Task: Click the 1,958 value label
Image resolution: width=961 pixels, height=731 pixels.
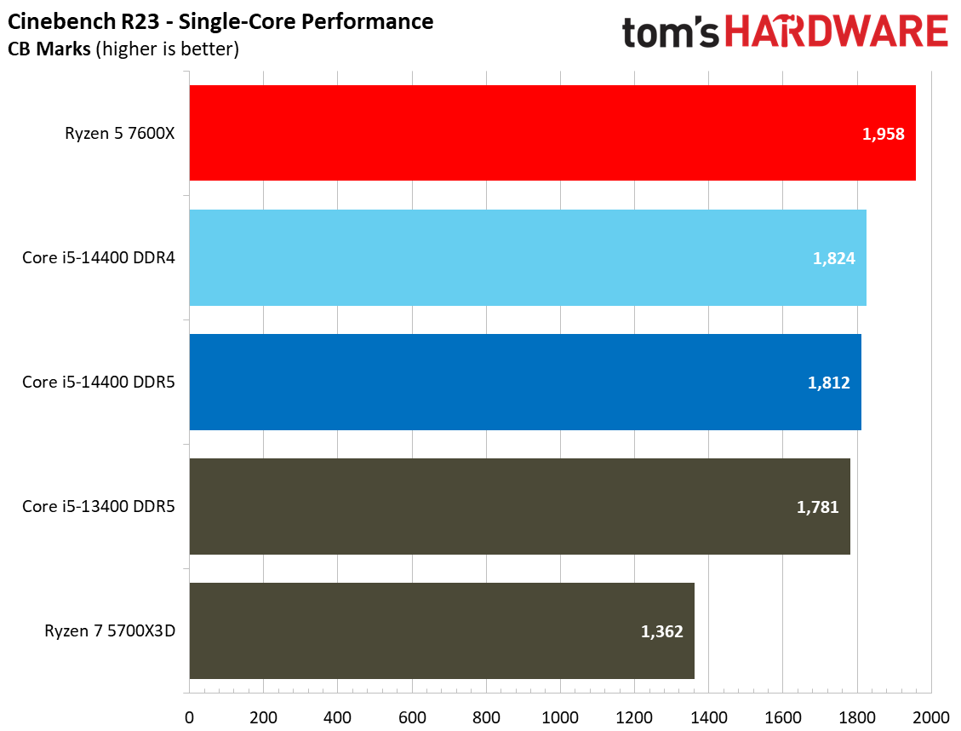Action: (x=883, y=134)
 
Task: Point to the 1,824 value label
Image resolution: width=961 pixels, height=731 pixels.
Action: (x=833, y=258)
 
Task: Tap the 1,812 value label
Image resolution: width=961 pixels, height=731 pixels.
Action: (x=828, y=383)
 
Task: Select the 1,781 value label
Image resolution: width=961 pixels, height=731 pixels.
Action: (x=817, y=507)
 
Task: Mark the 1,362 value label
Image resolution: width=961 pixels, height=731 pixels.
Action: (x=661, y=631)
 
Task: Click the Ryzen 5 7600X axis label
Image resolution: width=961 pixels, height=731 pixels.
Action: (x=120, y=134)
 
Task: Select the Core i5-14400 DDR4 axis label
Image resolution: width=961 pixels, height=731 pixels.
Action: (x=99, y=258)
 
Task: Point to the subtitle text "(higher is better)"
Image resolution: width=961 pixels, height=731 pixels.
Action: (x=168, y=49)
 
